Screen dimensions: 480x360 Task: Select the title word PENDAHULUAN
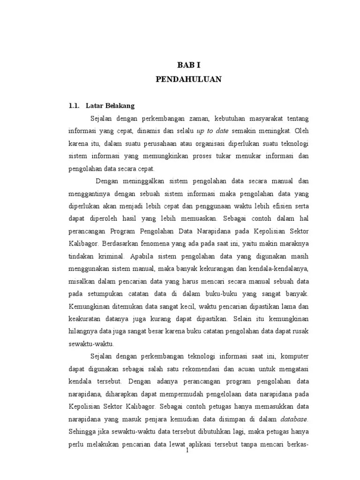pyautogui.click(x=188, y=80)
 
